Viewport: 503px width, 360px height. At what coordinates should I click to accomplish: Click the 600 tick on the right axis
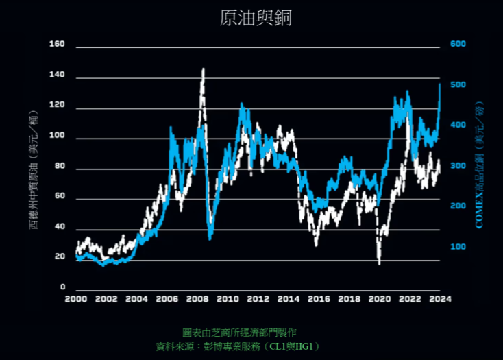pos(458,45)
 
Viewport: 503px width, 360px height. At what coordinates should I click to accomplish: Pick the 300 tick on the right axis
pos(458,166)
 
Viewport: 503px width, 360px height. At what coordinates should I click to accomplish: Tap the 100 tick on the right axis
pos(458,247)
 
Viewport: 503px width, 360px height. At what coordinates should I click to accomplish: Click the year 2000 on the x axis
pos(75,299)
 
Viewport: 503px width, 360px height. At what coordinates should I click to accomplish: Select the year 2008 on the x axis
pos(197,299)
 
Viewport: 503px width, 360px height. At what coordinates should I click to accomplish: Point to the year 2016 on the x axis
pos(319,299)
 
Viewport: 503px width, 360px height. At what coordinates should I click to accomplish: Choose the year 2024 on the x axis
pos(439,299)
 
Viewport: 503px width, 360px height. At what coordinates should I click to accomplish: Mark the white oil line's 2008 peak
pos(203,69)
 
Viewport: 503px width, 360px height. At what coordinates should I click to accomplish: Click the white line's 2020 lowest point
pos(379,263)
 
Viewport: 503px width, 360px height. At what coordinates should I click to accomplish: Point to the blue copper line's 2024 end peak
pos(439,84)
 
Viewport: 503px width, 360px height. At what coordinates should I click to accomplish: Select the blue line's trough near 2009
pos(210,238)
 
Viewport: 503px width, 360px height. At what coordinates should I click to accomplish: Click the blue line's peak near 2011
pos(242,105)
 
